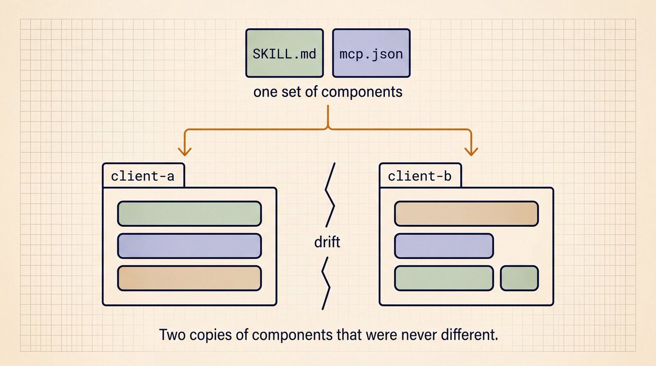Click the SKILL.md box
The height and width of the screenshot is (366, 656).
285,53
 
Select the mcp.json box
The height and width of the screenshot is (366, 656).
371,53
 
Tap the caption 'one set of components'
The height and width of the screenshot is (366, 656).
327,92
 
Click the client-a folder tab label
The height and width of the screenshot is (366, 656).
143,176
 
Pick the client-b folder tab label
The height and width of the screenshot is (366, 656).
420,176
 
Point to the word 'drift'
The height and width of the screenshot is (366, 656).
327,242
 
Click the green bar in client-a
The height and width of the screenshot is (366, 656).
190,214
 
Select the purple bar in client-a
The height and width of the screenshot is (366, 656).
190,246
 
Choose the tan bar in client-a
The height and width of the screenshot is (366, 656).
190,278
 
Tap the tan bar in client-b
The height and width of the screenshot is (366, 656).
466,214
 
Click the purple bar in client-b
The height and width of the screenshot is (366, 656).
444,246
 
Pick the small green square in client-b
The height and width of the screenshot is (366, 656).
519,278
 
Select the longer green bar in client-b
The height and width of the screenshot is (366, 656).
444,278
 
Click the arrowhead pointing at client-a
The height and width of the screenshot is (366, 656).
185,152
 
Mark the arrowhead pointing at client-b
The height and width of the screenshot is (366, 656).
471,152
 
